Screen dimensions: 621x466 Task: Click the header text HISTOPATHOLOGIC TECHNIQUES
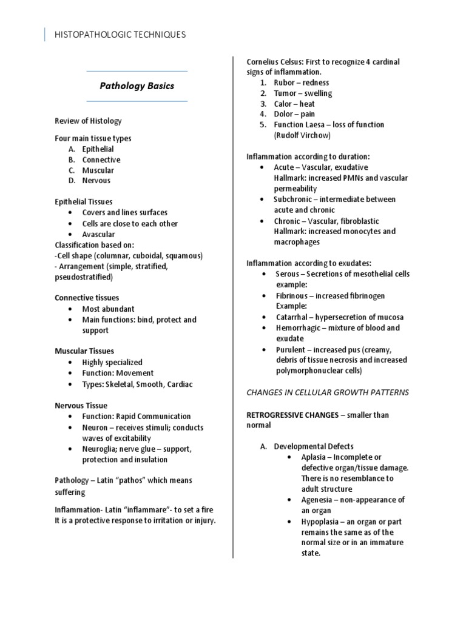point(120,35)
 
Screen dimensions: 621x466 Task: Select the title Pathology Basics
point(137,86)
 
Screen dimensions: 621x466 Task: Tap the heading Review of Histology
point(88,121)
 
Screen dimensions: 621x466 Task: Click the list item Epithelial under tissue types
point(98,149)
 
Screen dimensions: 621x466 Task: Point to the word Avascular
point(98,234)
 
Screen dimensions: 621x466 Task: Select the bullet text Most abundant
point(109,309)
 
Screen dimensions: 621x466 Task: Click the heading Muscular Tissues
point(84,351)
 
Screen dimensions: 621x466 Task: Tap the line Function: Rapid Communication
point(137,417)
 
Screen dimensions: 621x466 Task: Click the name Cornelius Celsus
point(275,62)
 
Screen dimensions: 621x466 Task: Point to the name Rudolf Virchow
point(302,135)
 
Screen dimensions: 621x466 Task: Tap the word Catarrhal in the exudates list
point(293,317)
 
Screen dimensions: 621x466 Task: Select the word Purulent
point(291,350)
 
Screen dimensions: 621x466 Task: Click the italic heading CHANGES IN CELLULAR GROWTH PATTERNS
point(327,392)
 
